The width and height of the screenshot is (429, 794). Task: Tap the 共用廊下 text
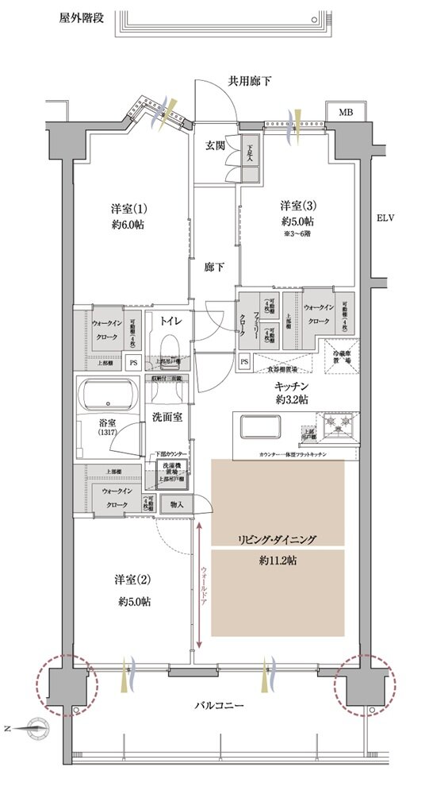(x=251, y=80)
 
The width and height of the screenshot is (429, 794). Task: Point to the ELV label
(x=385, y=218)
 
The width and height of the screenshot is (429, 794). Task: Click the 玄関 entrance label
(x=216, y=146)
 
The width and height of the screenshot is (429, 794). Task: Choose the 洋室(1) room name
(x=127, y=210)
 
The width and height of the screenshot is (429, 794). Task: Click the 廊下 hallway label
(x=211, y=267)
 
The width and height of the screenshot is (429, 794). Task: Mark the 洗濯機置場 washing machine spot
(x=170, y=469)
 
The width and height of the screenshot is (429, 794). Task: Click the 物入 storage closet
(x=177, y=504)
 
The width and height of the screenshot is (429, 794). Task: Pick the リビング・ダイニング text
(x=277, y=539)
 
